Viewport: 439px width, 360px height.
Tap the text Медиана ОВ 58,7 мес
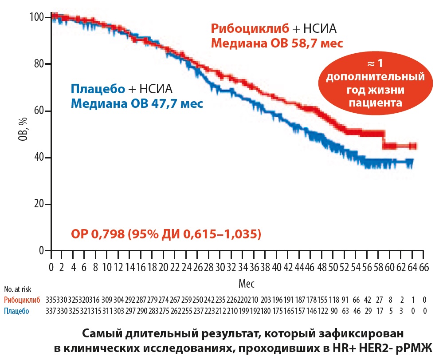pos(277,44)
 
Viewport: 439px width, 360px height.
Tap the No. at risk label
pos(17,289)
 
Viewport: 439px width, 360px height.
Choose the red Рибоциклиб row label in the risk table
pos(22,300)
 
